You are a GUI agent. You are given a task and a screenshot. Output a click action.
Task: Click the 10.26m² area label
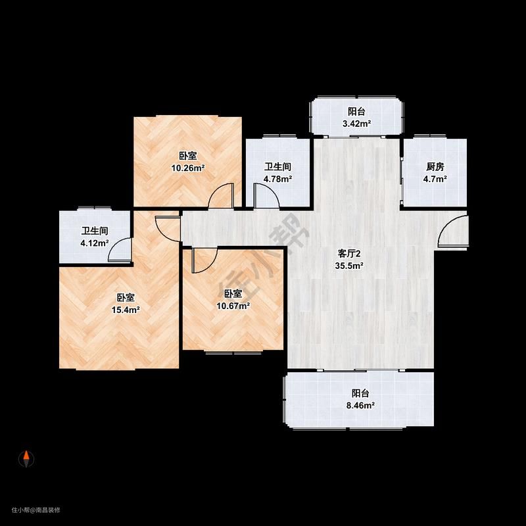tap(188, 168)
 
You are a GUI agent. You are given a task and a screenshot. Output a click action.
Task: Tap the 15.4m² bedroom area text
tap(126, 310)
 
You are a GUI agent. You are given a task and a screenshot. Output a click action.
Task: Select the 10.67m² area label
tap(233, 306)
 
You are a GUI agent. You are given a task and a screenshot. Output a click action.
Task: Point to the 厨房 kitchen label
tap(435, 166)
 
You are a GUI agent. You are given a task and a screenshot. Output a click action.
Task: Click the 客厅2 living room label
tap(349, 254)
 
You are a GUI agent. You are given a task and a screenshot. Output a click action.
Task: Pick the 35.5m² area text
tap(349, 266)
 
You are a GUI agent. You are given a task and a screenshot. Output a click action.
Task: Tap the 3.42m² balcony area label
tap(356, 124)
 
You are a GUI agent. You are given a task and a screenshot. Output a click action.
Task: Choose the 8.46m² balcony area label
tap(360, 405)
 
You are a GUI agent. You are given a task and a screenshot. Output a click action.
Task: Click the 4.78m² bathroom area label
tap(277, 179)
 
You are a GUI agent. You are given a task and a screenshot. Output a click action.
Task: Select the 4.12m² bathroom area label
tap(94, 243)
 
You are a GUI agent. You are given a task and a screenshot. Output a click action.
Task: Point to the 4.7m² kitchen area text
tap(435, 179)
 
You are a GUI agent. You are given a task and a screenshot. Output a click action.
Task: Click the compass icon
tap(26, 458)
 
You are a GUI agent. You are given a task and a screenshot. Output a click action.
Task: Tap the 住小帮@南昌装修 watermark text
tap(36, 510)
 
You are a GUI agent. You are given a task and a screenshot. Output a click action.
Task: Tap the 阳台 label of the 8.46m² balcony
tap(360, 393)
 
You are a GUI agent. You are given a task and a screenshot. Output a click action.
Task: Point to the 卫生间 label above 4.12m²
tap(95, 231)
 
